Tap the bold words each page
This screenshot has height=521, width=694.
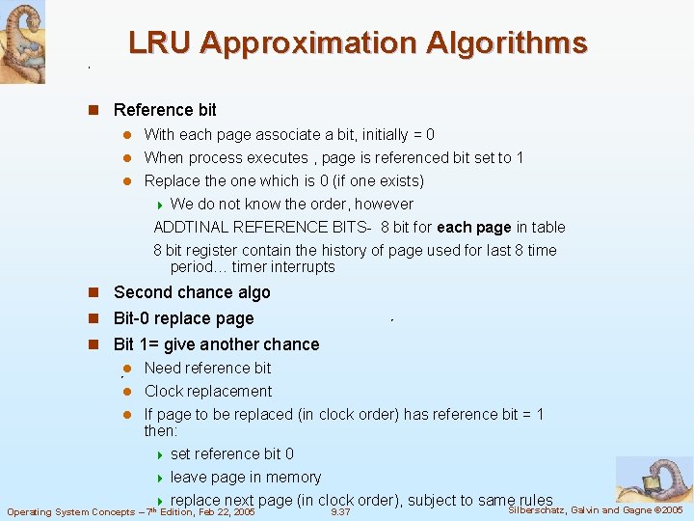473,227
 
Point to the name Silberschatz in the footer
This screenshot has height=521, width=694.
536,509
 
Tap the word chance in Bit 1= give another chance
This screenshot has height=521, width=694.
289,344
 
